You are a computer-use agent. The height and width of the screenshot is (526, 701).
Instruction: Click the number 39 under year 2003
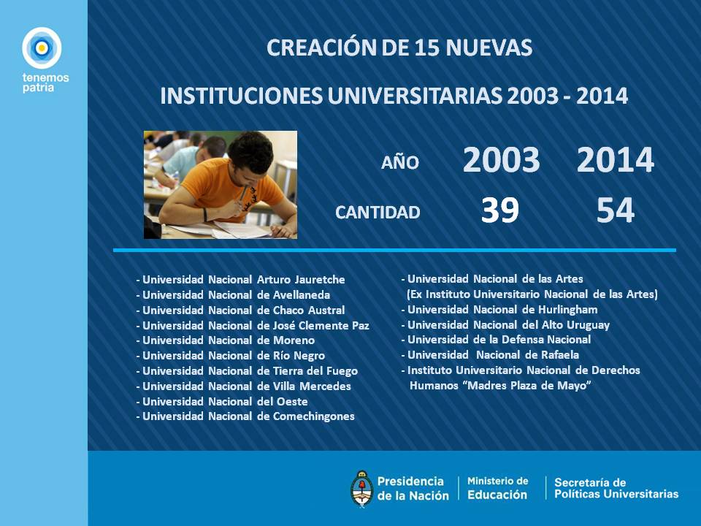(x=499, y=210)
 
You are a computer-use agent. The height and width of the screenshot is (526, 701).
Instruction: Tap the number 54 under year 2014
(x=615, y=210)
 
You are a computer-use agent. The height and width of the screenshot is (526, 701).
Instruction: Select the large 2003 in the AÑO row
(x=501, y=160)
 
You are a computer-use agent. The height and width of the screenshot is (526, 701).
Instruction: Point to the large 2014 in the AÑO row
(x=615, y=160)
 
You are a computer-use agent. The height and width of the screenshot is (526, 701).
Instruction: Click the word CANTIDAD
(x=378, y=213)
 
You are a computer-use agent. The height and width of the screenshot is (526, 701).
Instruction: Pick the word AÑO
(x=399, y=162)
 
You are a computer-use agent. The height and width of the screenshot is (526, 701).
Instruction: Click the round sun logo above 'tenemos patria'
(x=42, y=48)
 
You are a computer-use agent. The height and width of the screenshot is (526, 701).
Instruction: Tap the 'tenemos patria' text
(x=45, y=83)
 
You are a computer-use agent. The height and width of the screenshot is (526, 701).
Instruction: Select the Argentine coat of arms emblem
(x=361, y=489)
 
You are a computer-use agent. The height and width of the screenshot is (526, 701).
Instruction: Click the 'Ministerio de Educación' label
(x=497, y=488)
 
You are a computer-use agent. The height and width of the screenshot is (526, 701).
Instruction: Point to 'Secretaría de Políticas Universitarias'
(x=616, y=488)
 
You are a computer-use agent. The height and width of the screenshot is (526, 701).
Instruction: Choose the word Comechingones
(x=314, y=416)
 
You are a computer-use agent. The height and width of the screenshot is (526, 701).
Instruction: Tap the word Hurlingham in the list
(x=568, y=310)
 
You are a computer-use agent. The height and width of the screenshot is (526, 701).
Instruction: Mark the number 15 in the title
(x=427, y=48)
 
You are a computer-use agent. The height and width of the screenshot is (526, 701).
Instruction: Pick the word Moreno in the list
(x=294, y=340)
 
